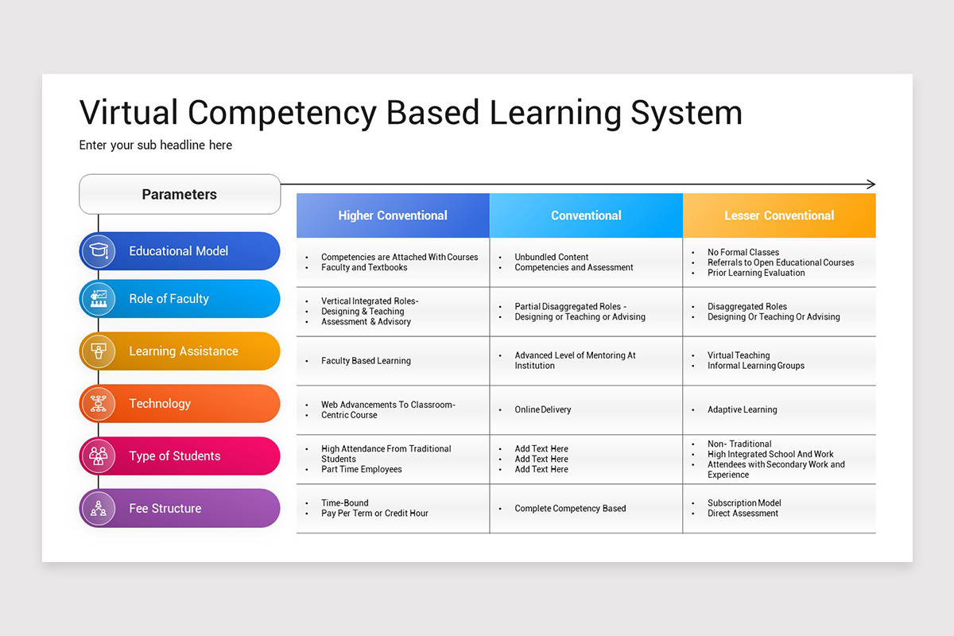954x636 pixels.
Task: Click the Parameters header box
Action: point(180,194)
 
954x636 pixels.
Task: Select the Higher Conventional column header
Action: point(393,215)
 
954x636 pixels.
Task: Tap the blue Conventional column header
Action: point(586,215)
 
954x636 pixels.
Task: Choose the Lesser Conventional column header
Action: point(779,215)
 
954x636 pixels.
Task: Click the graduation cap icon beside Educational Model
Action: point(99,251)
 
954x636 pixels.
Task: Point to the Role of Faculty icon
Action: point(99,299)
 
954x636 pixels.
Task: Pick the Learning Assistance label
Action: point(184,351)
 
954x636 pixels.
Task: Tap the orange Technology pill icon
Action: point(99,404)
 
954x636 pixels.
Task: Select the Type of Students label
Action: point(175,456)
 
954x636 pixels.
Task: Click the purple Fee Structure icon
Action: point(99,509)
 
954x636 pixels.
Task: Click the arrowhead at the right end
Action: point(871,184)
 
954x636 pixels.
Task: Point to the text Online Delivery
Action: point(543,410)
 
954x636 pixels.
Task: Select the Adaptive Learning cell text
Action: point(743,410)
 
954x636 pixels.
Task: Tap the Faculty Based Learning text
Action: point(366,361)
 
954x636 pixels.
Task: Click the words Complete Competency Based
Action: point(570,509)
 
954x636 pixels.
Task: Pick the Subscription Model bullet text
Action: point(744,503)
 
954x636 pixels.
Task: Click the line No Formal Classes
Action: point(743,253)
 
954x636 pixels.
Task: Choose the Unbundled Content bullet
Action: point(551,258)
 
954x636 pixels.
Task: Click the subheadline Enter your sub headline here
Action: point(156,145)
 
